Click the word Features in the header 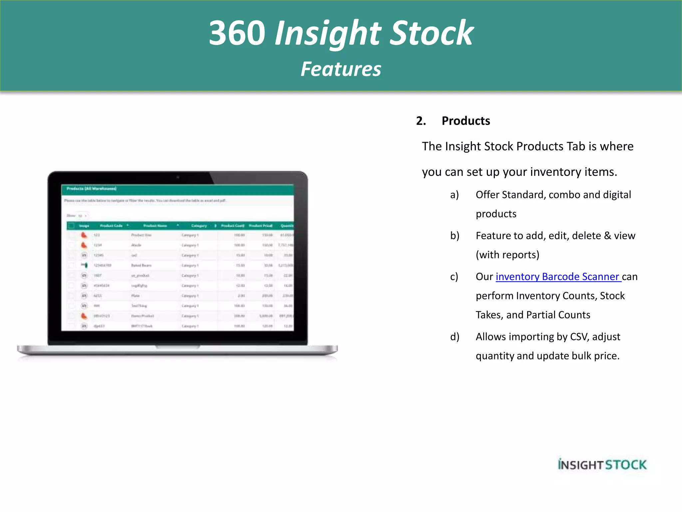coord(341,69)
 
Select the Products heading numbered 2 coord(466,121)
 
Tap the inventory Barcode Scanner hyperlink coord(558,277)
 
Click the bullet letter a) coord(454,195)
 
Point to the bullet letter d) coord(455,337)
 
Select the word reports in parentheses coord(519,255)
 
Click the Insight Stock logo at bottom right coord(602,464)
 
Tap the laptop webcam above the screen coord(178,177)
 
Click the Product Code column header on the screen coord(111,226)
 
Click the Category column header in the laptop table coord(199,226)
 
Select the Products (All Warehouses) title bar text coord(91,189)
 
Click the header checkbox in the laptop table coord(71,226)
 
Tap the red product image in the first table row coord(84,235)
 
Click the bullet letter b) coord(455,236)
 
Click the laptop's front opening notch coord(178,347)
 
